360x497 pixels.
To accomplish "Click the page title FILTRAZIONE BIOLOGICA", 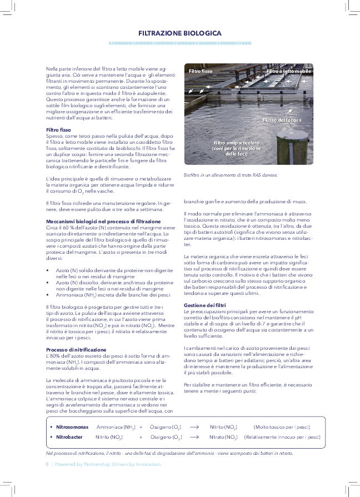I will (x=180, y=33).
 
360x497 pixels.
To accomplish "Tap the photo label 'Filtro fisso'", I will (x=200, y=72).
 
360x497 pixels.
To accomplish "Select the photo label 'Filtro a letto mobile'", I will (x=288, y=72).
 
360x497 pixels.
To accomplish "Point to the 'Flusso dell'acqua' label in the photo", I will (x=282, y=120).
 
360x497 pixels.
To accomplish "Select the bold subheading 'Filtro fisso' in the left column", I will (x=58, y=130).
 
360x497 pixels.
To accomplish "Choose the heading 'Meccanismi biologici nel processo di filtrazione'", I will (x=103, y=222).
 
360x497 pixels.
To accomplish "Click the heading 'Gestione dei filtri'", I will (x=204, y=305).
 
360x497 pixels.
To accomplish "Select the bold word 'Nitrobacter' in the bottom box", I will (x=69, y=437).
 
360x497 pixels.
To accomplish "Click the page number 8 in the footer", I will (x=47, y=464).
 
